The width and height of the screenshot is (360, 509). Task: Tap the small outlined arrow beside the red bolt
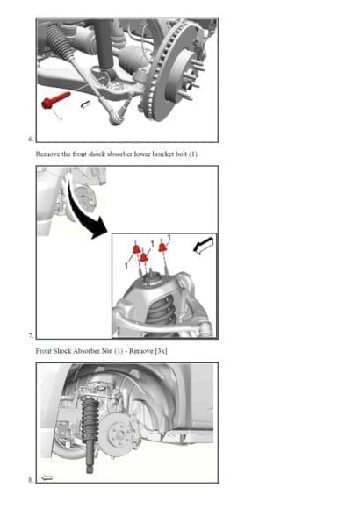tap(85, 104)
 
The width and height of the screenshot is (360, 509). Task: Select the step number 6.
tap(30, 139)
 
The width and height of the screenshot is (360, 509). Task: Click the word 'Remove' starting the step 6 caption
tap(48, 153)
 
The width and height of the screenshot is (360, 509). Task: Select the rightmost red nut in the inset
tap(162, 248)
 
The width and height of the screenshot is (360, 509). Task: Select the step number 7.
tap(30, 336)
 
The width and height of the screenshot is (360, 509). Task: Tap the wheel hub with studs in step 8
tap(112, 429)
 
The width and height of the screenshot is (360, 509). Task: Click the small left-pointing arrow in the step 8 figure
tap(47, 477)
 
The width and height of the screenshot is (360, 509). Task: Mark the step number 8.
tap(30, 480)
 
